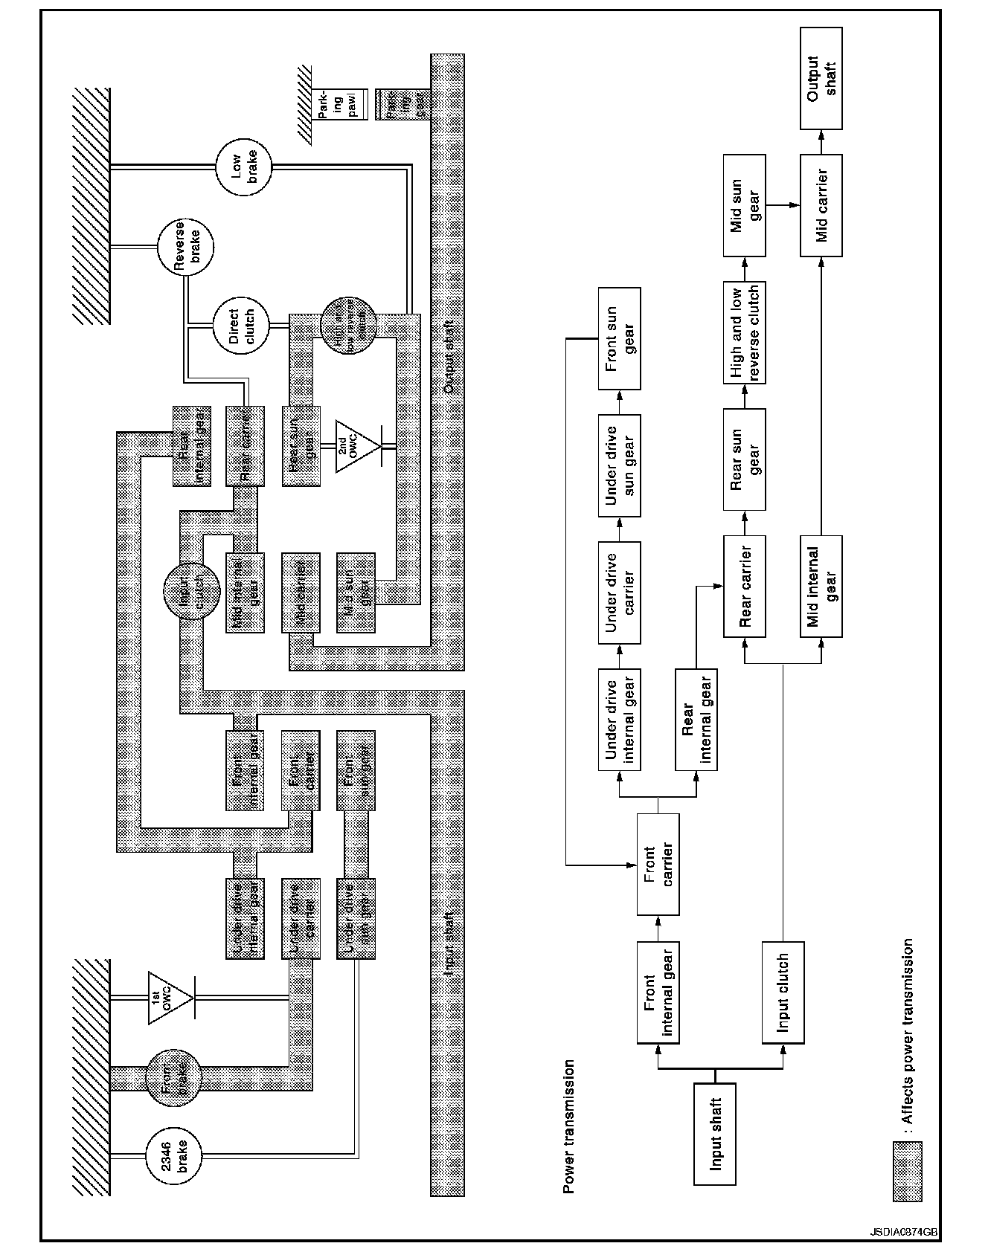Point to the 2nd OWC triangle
click(356, 447)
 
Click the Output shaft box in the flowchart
click(821, 79)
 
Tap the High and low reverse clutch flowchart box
click(744, 332)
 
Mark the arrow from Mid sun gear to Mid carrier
click(782, 204)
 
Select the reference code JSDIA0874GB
click(911, 1231)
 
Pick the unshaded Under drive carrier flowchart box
click(619, 593)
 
